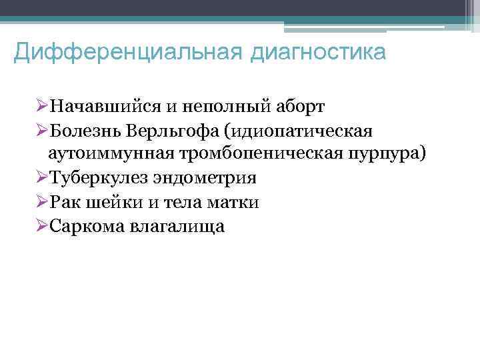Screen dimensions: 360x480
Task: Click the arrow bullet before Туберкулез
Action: [x=42, y=179]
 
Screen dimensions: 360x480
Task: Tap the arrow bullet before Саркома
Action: [x=42, y=227]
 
